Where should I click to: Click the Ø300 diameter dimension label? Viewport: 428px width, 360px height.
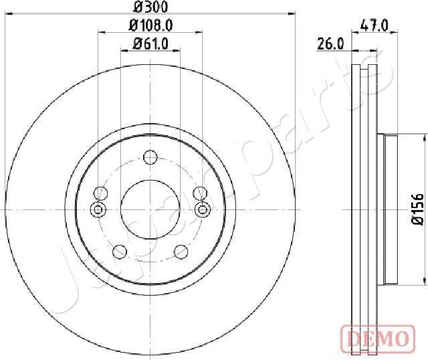click(x=150, y=7)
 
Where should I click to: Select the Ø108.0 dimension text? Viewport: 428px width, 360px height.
click(x=150, y=26)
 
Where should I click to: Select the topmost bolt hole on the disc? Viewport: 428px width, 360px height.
click(x=150, y=158)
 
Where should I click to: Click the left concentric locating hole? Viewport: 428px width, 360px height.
click(x=99, y=210)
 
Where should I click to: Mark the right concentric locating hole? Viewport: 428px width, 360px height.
click(x=201, y=210)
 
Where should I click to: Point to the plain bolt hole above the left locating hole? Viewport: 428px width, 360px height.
click(x=101, y=194)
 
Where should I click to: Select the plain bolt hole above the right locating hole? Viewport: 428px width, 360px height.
click(x=199, y=194)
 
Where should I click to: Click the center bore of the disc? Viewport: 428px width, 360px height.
click(x=150, y=209)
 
